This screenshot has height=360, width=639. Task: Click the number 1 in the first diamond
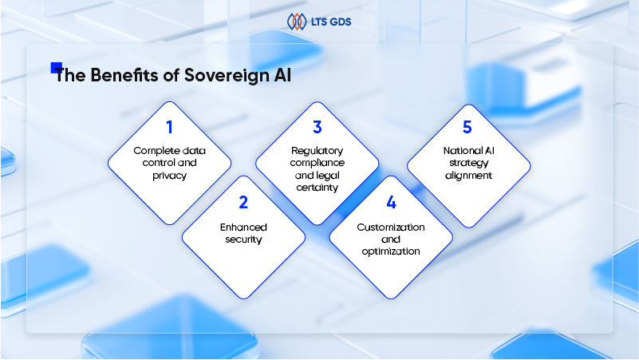[170, 127]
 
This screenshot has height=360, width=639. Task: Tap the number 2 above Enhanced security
[243, 202]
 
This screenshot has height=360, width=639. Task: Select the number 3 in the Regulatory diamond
[318, 127]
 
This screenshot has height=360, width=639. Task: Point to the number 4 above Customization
[391, 202]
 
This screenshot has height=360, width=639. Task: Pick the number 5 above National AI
[467, 127]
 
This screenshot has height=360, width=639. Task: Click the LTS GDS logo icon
[297, 22]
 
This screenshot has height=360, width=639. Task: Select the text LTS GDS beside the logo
[331, 22]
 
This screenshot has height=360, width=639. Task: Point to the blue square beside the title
[56, 68]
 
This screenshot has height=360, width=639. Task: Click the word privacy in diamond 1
[170, 176]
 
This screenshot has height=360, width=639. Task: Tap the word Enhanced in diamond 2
[243, 227]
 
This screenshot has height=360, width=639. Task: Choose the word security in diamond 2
[243, 239]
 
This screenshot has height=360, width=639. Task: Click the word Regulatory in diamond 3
[317, 151]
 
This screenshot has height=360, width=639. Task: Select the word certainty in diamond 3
[317, 188]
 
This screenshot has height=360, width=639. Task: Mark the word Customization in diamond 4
[391, 227]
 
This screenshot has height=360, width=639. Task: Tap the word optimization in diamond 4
[391, 251]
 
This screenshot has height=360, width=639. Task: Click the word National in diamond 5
[458, 151]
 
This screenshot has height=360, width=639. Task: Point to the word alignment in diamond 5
[468, 176]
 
